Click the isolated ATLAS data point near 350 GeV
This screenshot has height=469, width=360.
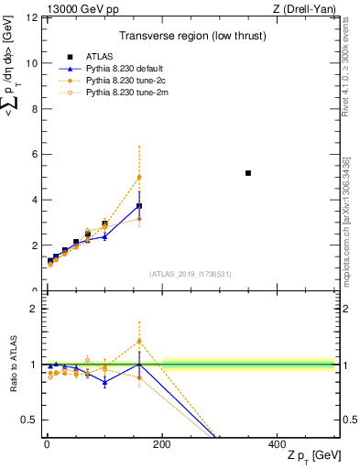click(248, 173)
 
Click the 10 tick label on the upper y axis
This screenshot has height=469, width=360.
click(32, 63)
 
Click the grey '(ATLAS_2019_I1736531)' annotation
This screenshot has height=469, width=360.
click(191, 273)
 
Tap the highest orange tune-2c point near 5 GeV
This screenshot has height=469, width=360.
click(139, 177)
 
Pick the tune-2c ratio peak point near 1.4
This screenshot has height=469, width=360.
click(139, 341)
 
